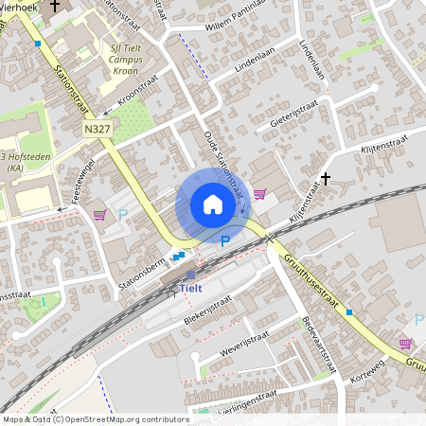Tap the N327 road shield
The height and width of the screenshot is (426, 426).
point(95,128)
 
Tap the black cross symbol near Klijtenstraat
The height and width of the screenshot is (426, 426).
point(326,178)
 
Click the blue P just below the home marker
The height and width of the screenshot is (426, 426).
point(224,242)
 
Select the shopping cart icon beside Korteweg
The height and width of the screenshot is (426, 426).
point(405,344)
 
